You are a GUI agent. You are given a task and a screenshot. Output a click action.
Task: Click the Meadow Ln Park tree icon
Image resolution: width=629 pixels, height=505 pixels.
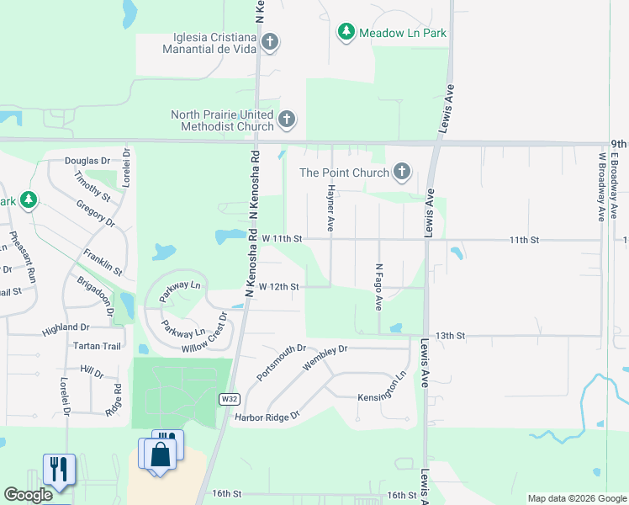pyautogui.click(x=346, y=33)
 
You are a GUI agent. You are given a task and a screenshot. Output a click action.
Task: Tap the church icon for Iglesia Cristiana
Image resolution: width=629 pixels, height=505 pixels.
pyautogui.click(x=270, y=41)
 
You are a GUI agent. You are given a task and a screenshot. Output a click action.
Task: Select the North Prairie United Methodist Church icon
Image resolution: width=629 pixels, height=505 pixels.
pyautogui.click(x=287, y=120)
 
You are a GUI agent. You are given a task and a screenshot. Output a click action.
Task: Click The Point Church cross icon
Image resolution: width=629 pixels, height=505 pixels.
pyautogui.click(x=402, y=173)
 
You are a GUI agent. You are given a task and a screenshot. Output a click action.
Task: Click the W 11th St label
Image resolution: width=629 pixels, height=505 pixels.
pyautogui.click(x=281, y=239)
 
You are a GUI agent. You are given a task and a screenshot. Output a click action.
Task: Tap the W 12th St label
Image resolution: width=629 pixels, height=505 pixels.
pyautogui.click(x=278, y=287)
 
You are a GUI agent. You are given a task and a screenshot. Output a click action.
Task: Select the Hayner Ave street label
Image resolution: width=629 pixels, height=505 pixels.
pyautogui.click(x=331, y=210)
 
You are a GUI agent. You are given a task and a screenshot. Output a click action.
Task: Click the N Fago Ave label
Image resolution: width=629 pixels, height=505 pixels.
pyautogui.click(x=379, y=286)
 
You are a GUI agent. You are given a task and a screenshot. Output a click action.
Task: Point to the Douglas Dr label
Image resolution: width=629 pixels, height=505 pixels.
pyautogui.click(x=87, y=160)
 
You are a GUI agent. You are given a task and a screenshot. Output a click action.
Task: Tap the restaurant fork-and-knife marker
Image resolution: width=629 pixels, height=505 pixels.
pyautogui.click(x=58, y=468)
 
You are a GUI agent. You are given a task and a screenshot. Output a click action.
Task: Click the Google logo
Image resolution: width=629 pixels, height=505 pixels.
pyautogui.click(x=28, y=495)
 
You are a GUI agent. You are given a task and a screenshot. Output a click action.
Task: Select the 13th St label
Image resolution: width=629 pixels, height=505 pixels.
pyautogui.click(x=451, y=335)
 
